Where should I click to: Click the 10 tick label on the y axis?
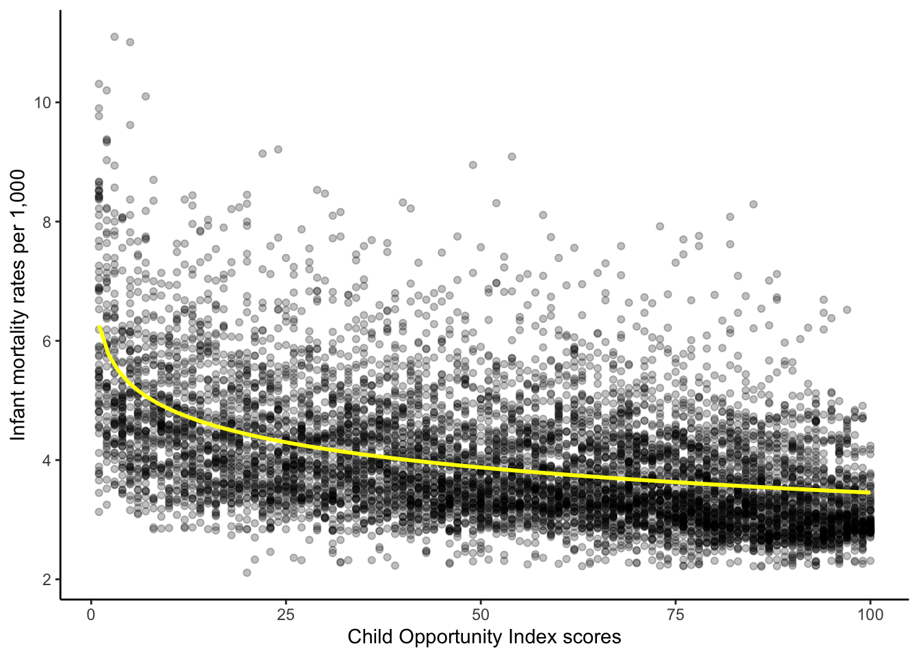42,103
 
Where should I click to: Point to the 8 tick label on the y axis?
46,222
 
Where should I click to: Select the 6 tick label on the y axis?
46,341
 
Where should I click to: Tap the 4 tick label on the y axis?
46,460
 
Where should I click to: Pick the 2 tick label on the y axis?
46,580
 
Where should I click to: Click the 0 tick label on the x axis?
91,615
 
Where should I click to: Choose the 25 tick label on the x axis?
286,615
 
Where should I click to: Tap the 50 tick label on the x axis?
481,615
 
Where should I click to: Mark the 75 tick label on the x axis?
676,615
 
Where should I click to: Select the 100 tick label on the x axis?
870,615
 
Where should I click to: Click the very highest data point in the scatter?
114,37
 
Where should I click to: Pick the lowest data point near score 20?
247,573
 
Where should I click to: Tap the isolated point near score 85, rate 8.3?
754,204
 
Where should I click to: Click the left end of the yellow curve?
99,328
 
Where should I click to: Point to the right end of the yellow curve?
870,493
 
